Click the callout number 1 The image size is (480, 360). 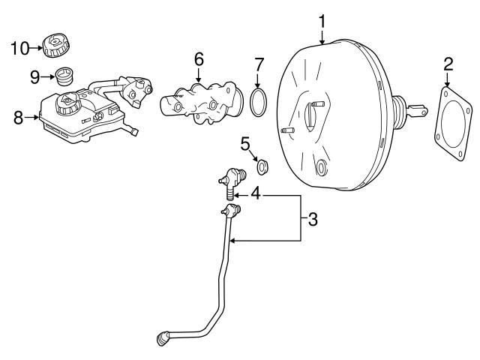pos(322,21)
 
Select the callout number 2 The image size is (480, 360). pos(448,64)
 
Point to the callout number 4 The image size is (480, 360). pos(256,193)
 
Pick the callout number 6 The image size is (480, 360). pos(198,58)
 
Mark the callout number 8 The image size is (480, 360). pos(18,117)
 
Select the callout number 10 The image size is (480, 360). pos(19,49)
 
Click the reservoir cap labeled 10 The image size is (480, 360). pos(57,45)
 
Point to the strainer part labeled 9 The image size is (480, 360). pos(66,76)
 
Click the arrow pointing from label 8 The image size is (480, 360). pos(32,117)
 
